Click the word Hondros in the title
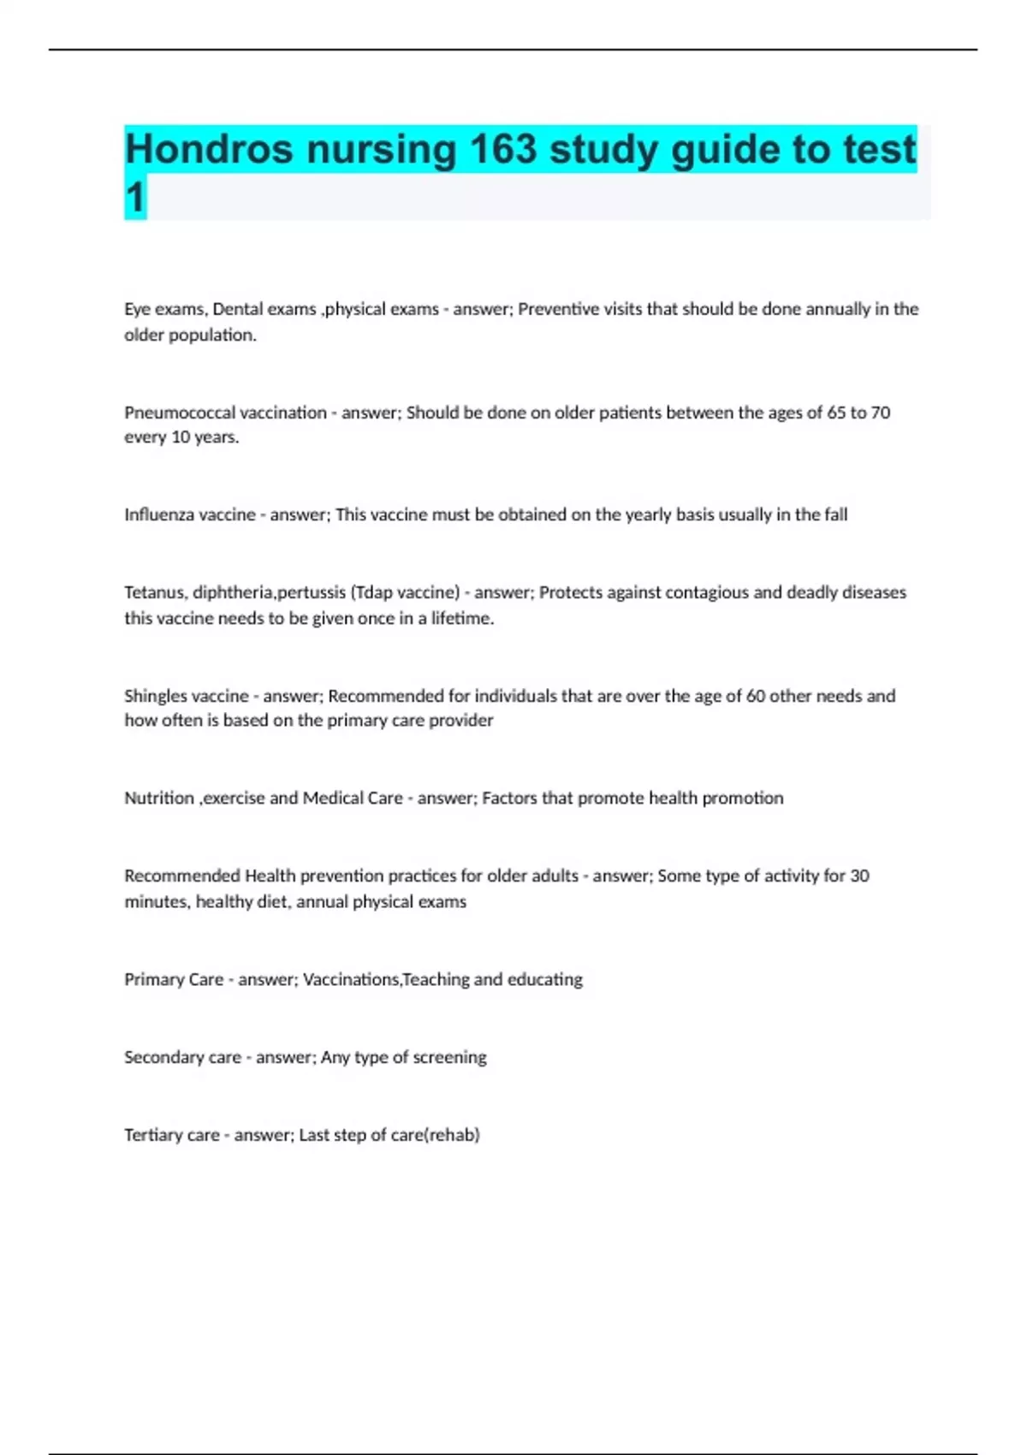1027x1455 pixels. [x=210, y=150]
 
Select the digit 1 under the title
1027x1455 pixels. [x=135, y=198]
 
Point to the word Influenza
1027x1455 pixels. [x=159, y=514]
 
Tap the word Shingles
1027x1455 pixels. [x=156, y=696]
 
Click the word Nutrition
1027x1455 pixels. [x=159, y=798]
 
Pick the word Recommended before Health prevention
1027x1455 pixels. [x=182, y=876]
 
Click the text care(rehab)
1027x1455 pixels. [x=435, y=1135]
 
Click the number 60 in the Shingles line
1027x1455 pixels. [x=756, y=696]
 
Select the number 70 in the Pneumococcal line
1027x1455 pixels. [x=881, y=413]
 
